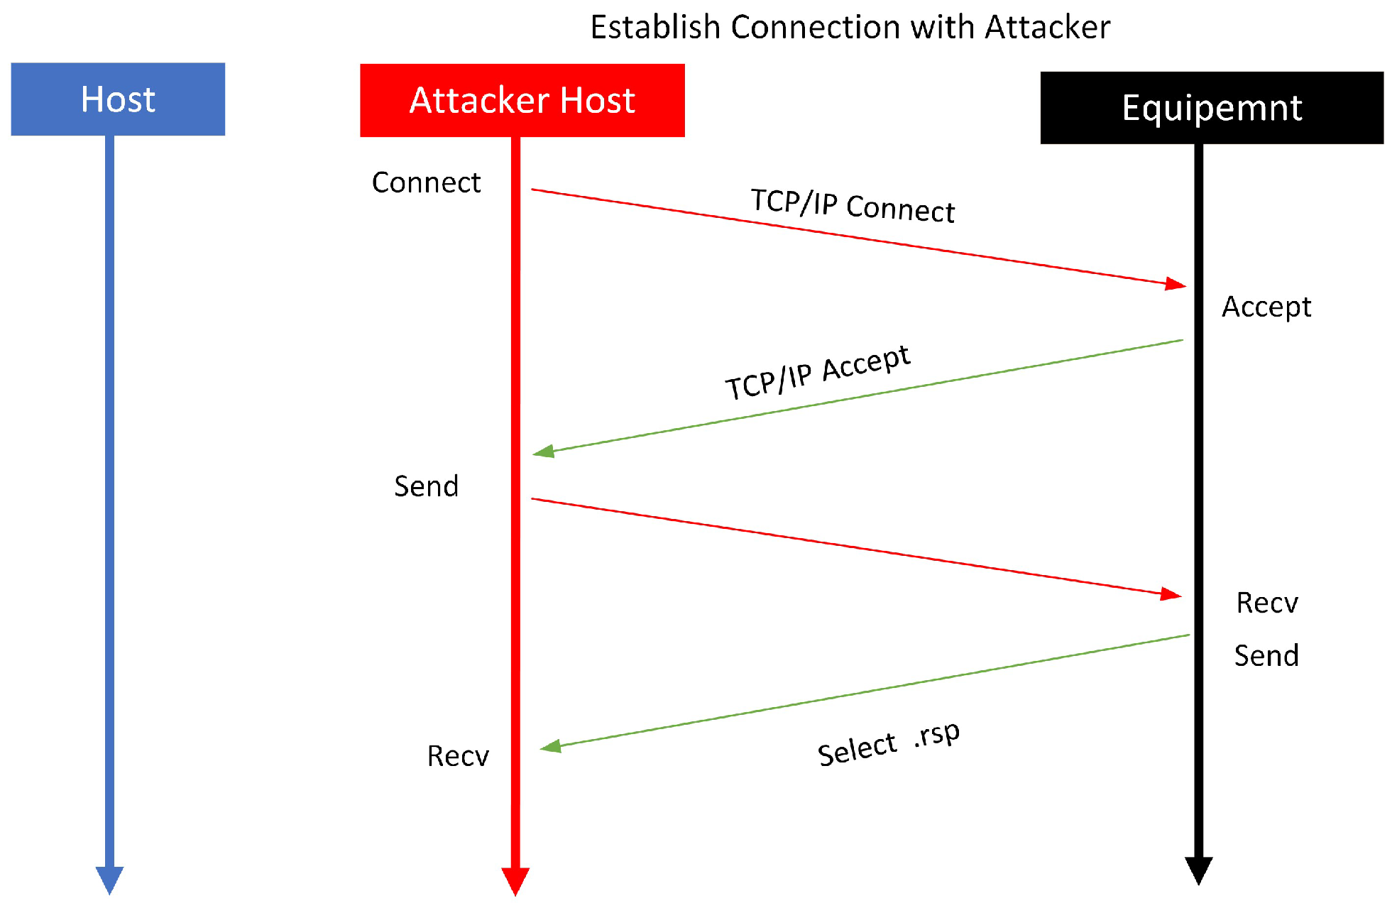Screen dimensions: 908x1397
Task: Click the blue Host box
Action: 118,99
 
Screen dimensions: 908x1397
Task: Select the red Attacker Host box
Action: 522,100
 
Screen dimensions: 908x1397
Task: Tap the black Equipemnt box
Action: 1211,108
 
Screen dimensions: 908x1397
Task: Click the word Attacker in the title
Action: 1047,27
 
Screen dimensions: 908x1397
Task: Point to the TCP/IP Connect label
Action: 853,206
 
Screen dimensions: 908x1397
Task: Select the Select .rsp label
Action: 888,743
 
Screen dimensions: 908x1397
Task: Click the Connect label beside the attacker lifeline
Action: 426,182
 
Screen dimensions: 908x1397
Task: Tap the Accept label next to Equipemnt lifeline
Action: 1266,307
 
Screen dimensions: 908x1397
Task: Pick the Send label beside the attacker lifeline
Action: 426,486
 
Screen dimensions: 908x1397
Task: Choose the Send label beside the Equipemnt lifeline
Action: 1266,655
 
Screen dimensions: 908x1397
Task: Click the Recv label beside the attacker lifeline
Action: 457,756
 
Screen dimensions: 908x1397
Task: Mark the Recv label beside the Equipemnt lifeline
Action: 1266,603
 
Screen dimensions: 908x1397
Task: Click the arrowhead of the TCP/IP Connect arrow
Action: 1176,284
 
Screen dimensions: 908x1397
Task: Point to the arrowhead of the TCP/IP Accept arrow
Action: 543,452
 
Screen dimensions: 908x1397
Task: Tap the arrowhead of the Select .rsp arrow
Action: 550,746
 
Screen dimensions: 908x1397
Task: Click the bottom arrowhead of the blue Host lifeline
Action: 110,880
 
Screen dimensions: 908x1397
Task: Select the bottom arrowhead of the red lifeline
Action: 515,880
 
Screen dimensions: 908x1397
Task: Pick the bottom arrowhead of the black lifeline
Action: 1198,870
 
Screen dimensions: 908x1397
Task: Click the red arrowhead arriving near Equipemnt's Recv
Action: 1171,594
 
